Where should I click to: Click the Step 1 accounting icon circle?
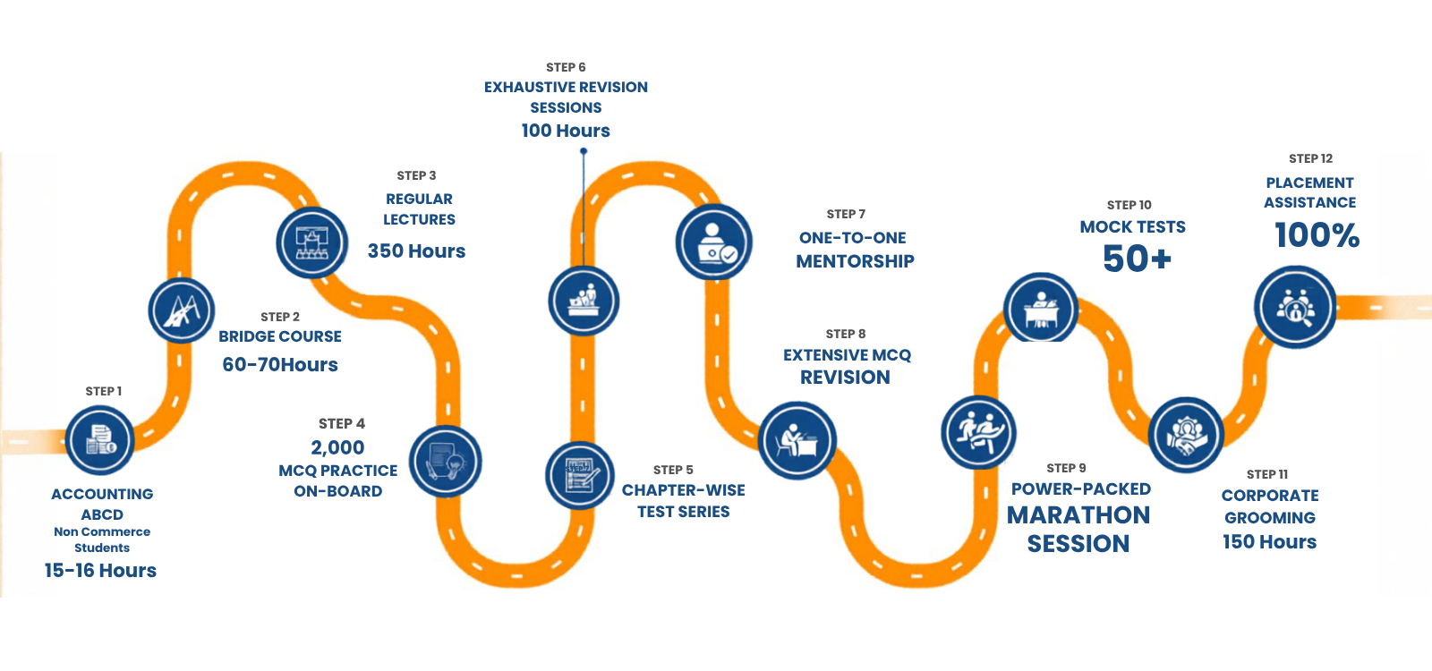click(99, 440)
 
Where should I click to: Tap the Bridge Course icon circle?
click(182, 311)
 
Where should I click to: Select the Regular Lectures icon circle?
click(312, 242)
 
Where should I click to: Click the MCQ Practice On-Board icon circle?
click(446, 462)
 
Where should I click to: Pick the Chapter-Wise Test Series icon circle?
click(580, 475)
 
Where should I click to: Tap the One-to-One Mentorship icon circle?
click(713, 242)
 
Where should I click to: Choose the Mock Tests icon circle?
click(1040, 310)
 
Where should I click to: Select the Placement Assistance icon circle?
click(1295, 307)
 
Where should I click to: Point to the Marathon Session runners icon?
click(979, 432)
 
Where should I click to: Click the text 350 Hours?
click(416, 251)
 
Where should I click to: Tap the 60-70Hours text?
click(280, 365)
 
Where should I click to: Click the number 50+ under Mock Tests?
click(1137, 259)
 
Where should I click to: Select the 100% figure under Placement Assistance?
click(1317, 235)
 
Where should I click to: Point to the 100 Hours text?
click(566, 131)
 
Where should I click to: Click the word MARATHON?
click(1078, 515)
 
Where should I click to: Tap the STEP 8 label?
click(846, 334)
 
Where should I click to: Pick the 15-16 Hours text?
click(100, 571)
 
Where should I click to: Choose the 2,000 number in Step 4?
click(337, 447)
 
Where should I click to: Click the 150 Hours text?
click(1269, 542)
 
